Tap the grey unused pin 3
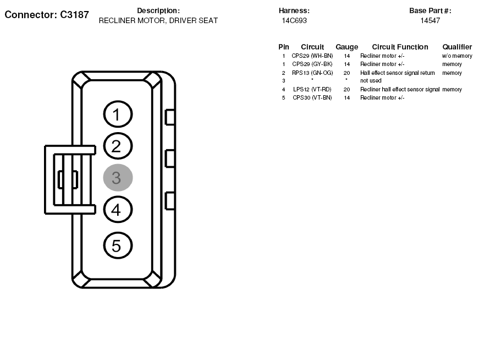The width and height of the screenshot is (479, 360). tap(118, 178)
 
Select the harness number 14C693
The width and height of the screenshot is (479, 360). tap(294, 20)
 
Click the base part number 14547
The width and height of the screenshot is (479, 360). tap(430, 20)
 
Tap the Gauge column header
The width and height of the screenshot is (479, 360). tap(346, 47)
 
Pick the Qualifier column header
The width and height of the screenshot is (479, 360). tap(457, 47)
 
